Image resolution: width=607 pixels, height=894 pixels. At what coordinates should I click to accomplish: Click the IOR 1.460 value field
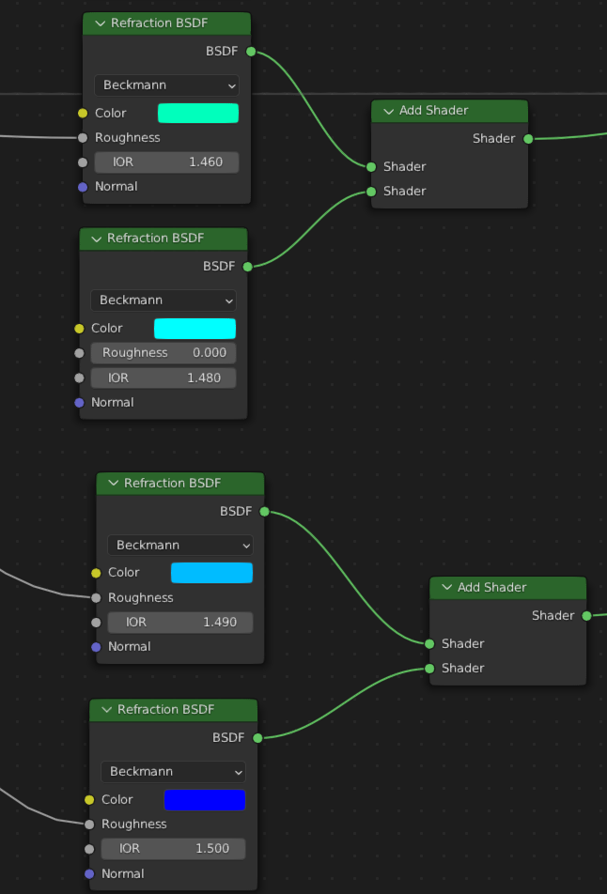tap(166, 162)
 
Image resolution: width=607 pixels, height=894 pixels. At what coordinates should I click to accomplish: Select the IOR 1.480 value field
tap(163, 378)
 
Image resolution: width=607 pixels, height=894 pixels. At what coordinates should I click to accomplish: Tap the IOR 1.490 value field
tap(180, 622)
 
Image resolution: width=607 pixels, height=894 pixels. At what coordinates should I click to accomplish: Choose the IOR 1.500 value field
tap(174, 848)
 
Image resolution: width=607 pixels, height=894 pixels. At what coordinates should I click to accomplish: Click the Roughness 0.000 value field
tap(163, 353)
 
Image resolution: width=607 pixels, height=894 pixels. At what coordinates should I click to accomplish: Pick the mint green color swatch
tap(198, 113)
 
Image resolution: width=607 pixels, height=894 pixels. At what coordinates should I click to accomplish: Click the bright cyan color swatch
tap(195, 329)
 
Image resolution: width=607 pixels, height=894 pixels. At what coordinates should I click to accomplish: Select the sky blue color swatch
tap(211, 573)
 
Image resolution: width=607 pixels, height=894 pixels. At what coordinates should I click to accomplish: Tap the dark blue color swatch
tap(205, 799)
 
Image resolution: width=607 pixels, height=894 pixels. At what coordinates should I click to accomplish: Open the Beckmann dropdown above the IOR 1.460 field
tap(166, 85)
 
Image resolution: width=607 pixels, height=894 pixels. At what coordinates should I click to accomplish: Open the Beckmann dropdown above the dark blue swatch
tap(174, 771)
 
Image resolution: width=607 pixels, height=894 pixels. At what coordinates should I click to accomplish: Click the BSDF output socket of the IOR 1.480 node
tap(248, 267)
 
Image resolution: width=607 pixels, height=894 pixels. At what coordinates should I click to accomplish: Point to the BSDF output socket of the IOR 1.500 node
tap(257, 738)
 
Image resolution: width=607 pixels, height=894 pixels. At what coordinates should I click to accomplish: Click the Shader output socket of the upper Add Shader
tap(528, 139)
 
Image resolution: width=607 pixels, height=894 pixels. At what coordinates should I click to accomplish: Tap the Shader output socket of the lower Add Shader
tap(586, 616)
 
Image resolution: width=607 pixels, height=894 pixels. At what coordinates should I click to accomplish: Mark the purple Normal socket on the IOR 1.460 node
tap(83, 187)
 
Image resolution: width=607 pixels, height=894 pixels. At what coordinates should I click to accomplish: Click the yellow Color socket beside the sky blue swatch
tap(96, 573)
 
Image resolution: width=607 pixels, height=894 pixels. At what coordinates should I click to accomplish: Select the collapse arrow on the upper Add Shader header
tap(389, 111)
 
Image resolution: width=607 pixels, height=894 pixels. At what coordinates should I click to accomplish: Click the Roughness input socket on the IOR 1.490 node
tap(96, 597)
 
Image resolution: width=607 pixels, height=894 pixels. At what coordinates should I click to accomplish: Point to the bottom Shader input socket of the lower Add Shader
tap(429, 669)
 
